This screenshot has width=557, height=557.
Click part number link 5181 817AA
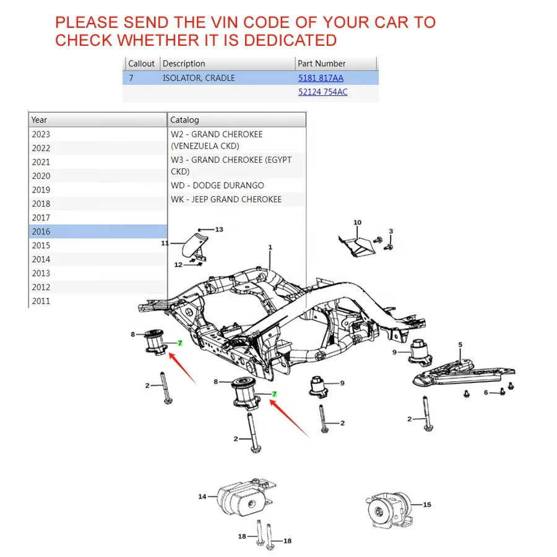click(321, 78)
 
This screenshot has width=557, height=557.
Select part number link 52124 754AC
click(322, 92)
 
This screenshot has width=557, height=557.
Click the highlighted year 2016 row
click(97, 231)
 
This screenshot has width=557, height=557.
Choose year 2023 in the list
click(41, 134)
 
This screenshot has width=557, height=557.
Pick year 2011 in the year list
click(41, 301)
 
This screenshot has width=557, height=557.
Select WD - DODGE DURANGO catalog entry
click(217, 186)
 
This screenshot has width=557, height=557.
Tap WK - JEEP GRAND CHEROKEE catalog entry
click(226, 199)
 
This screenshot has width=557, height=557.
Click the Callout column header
click(141, 64)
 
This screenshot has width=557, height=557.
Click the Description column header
click(184, 64)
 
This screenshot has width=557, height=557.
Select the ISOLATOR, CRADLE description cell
click(199, 78)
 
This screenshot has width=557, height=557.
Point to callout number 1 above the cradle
click(270, 248)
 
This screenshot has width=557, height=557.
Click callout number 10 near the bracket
click(357, 223)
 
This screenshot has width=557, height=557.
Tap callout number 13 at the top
click(219, 230)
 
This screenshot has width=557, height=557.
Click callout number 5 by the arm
click(460, 345)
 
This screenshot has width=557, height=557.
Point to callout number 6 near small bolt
click(486, 393)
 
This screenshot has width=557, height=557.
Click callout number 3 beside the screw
click(391, 231)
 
